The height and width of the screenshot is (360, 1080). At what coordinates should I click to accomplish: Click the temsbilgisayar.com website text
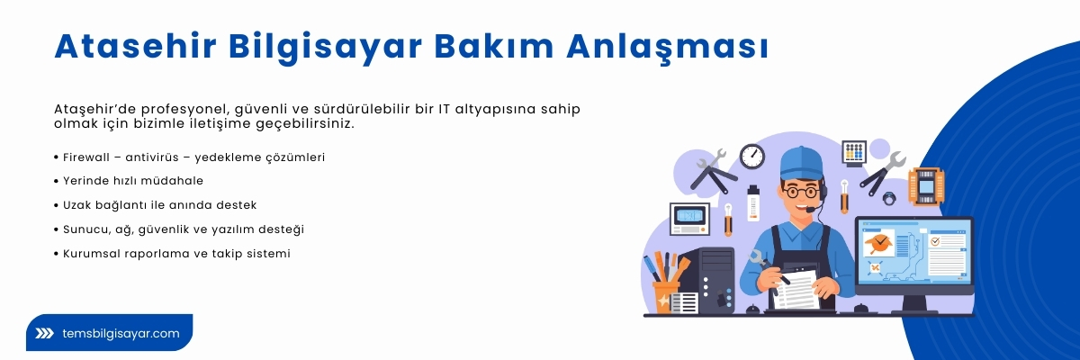pyautogui.click(x=121, y=333)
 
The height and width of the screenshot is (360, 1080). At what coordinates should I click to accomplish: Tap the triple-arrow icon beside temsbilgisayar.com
pyautogui.click(x=44, y=333)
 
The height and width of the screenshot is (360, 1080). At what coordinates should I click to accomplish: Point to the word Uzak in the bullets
pyautogui.click(x=78, y=205)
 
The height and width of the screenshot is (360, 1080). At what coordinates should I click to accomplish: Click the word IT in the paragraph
pyautogui.click(x=445, y=109)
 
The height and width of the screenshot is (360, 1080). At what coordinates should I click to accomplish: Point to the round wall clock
pyautogui.click(x=751, y=156)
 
